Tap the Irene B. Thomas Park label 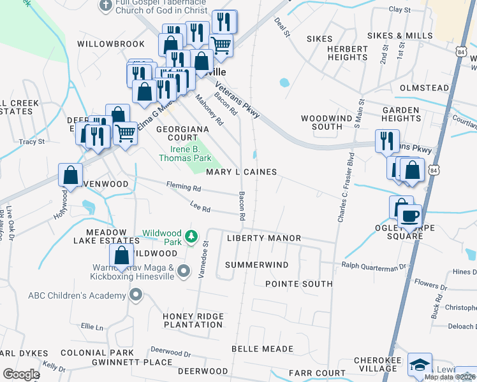[x=184, y=153]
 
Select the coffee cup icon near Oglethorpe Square [x=409, y=215]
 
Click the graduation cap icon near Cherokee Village [x=419, y=364]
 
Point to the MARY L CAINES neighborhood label [x=241, y=172]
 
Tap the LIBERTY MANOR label [x=263, y=238]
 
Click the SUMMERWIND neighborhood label [x=257, y=264]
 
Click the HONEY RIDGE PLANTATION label [x=194, y=320]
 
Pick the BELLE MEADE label [x=262, y=349]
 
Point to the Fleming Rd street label [x=184, y=188]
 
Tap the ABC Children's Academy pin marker [x=135, y=295]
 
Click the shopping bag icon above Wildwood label [x=121, y=255]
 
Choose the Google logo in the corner [x=20, y=374]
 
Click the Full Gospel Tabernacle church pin [x=106, y=5]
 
